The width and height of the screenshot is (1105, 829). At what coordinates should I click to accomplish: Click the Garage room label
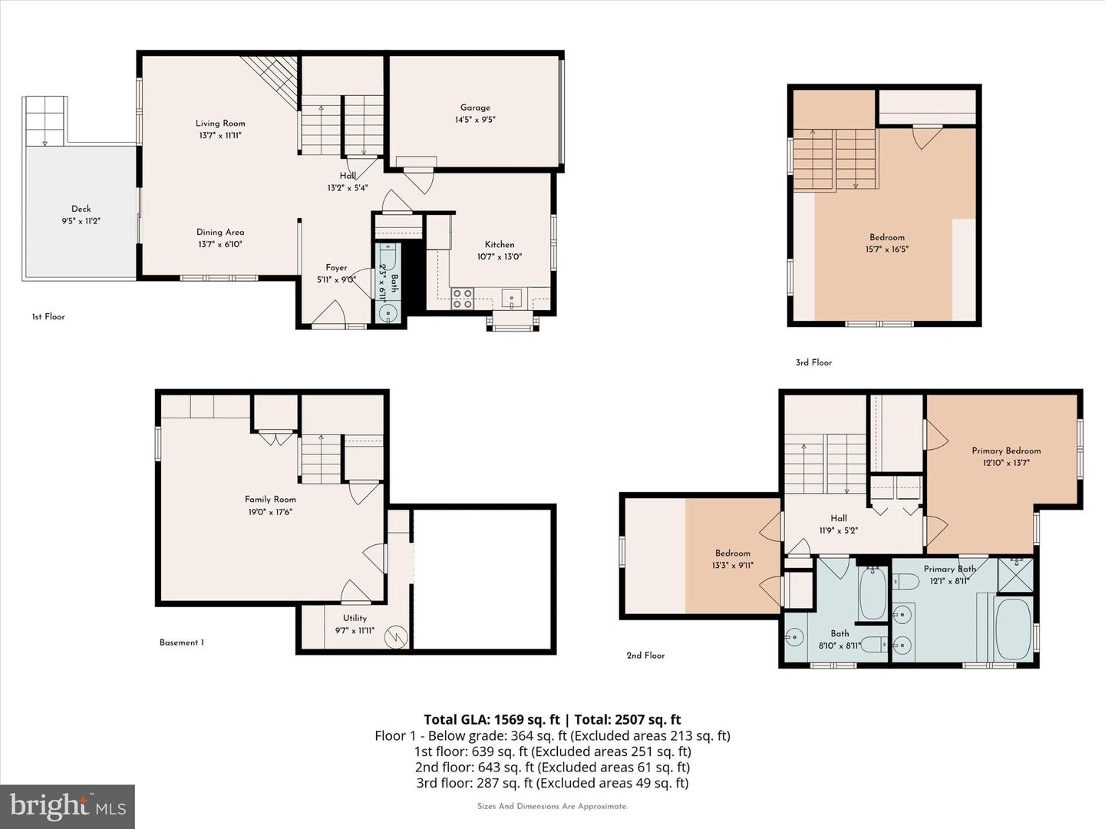[x=475, y=107]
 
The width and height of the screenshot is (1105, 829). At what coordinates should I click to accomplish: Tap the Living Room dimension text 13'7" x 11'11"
[x=220, y=135]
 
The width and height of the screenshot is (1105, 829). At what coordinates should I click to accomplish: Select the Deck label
[x=81, y=208]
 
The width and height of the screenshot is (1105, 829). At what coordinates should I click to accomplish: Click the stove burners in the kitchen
[x=462, y=299]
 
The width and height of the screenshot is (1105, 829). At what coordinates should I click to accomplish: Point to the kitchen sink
[x=512, y=299]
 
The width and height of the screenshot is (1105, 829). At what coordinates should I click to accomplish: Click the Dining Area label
[x=220, y=232]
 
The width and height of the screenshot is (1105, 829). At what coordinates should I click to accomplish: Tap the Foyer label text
[x=336, y=268]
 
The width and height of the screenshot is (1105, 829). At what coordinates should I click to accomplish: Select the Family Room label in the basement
[x=270, y=499]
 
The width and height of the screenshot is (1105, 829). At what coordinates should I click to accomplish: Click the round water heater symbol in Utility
[x=396, y=637]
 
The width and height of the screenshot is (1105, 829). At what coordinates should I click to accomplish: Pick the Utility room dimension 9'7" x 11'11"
[x=355, y=630]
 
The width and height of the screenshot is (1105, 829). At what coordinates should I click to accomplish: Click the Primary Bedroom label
[x=1006, y=451]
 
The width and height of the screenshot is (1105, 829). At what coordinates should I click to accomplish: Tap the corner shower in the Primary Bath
[x=1015, y=575]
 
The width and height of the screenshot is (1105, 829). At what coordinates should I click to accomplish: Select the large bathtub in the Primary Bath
[x=1014, y=629]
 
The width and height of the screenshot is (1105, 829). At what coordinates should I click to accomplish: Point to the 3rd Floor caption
[x=813, y=362]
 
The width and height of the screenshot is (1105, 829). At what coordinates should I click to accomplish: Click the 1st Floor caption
[x=48, y=316]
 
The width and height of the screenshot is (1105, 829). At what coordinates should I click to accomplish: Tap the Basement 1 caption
[x=182, y=642]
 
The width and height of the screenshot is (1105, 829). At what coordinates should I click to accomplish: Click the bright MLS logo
[x=68, y=806]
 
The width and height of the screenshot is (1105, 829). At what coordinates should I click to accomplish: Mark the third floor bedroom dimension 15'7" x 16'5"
[x=886, y=249]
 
